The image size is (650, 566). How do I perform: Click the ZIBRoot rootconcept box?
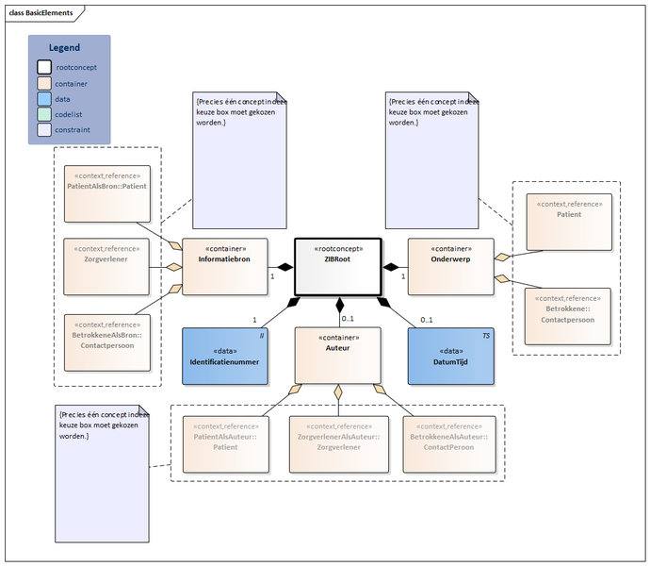tap(336, 266)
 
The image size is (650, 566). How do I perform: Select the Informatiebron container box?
tap(224, 266)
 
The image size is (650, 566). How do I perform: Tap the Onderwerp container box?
tap(449, 266)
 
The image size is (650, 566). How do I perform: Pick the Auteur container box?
tap(337, 355)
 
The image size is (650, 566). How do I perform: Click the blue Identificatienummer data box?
tap(224, 356)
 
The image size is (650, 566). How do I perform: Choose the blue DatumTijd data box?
tap(450, 356)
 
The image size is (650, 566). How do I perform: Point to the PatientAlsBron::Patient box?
tap(106, 192)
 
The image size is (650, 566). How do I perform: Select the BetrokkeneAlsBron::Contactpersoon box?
tap(106, 339)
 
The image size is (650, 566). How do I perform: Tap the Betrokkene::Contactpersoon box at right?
tap(567, 317)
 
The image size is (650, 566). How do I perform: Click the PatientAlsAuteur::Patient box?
tap(224, 444)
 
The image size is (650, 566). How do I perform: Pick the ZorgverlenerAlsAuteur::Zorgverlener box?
tap(337, 444)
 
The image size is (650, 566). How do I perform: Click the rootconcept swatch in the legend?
tap(44, 67)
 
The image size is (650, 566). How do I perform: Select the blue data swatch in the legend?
tap(44, 98)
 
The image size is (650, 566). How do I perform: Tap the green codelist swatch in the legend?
tap(44, 114)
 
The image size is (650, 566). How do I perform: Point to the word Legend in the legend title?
tap(64, 47)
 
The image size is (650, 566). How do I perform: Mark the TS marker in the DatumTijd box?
tap(486, 335)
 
